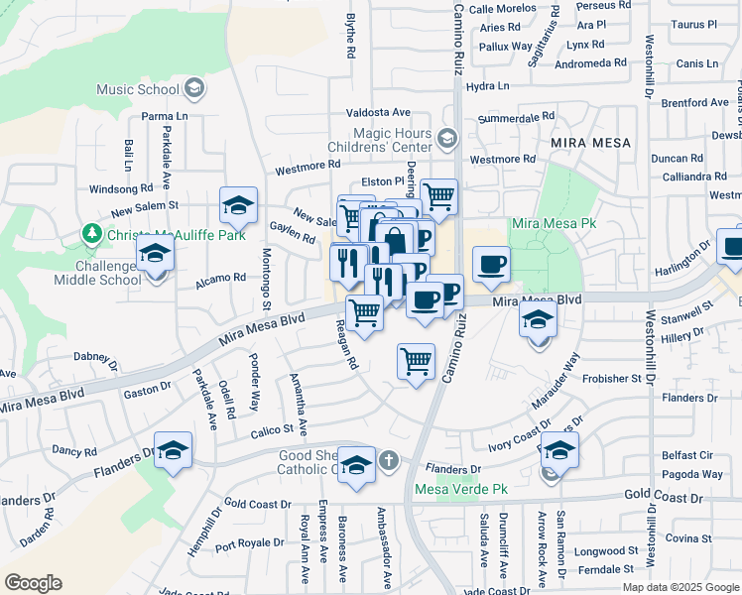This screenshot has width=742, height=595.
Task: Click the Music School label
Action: click(x=137, y=89)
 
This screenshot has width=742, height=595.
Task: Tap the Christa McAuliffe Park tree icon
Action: click(x=93, y=234)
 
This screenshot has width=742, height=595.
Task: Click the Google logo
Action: click(x=33, y=582)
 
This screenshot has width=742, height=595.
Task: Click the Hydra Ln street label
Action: click(x=487, y=86)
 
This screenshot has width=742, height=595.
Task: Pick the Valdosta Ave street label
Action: click(x=378, y=113)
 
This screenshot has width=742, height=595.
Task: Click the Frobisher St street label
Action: click(x=611, y=379)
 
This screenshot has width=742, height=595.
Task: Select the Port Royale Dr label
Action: click(x=250, y=543)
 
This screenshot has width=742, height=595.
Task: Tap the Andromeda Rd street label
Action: click(x=591, y=61)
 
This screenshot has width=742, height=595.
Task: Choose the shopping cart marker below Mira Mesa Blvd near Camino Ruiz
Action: click(x=416, y=361)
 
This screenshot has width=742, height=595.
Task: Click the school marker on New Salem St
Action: click(x=238, y=205)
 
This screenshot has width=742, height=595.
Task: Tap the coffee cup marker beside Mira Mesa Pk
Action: click(x=491, y=265)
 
